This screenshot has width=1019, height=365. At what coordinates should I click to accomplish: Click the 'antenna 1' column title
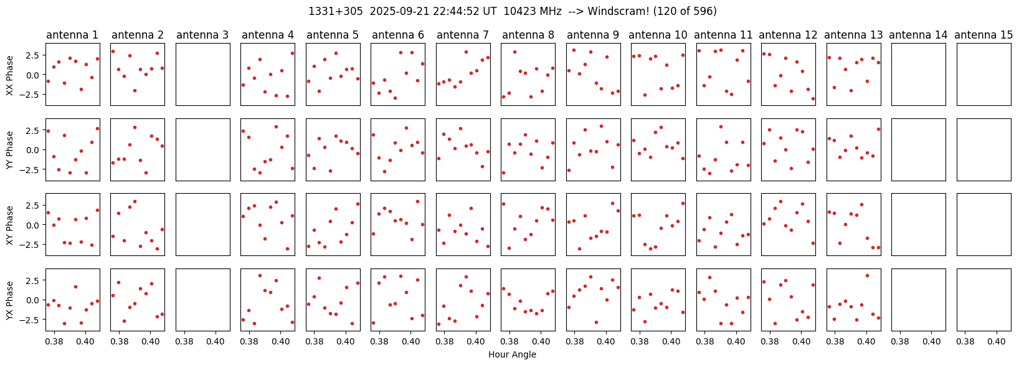72,35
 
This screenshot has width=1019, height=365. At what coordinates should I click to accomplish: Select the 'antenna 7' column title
463,35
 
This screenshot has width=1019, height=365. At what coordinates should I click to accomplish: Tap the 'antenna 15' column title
983,35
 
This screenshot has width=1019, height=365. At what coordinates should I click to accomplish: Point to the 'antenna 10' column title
658,35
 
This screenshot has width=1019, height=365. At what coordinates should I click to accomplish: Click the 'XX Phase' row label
10,75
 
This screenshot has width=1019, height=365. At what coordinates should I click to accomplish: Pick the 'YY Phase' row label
10,149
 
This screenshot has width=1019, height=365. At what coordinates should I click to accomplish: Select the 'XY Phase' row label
10,225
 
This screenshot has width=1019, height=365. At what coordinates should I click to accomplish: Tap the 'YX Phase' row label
10,300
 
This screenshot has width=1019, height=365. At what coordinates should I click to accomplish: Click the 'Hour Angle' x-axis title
512,354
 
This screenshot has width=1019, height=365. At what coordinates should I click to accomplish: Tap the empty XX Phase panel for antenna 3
203,75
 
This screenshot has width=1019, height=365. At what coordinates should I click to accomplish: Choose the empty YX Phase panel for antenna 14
919,300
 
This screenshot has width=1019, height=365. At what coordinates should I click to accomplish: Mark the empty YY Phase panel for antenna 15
984,149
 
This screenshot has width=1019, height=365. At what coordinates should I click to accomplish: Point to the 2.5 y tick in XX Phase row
35,55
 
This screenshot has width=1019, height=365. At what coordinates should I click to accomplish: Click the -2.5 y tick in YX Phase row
32,320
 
